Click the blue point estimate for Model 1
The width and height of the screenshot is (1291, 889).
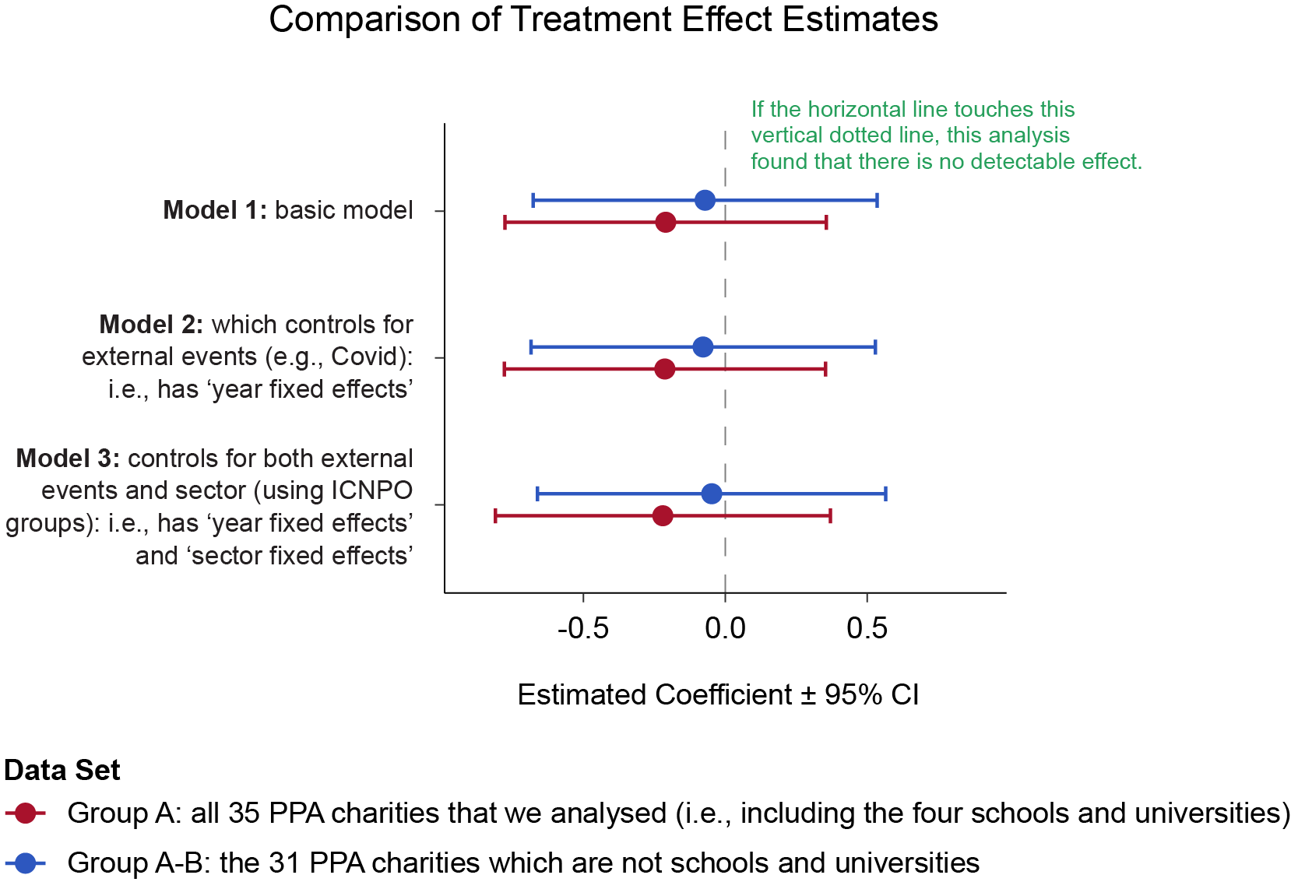[705, 200]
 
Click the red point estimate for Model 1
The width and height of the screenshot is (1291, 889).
[665, 223]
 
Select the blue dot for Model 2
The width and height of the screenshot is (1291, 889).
[703, 346]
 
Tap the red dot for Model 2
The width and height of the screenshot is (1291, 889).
[664, 369]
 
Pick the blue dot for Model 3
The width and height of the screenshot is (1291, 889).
[712, 494]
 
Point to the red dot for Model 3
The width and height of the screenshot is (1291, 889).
[663, 515]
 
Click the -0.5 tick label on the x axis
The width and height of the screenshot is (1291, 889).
[583, 628]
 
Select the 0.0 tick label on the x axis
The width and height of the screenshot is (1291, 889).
[725, 628]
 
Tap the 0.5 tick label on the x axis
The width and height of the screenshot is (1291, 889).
[867, 628]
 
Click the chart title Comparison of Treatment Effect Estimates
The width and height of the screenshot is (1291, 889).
[603, 19]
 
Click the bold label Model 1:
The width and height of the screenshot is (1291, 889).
[215, 210]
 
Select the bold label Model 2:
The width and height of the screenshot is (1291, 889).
[151, 324]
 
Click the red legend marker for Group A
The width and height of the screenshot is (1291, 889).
[26, 813]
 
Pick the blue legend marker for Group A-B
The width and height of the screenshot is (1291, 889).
[26, 863]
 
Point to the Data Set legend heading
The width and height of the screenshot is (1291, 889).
[62, 771]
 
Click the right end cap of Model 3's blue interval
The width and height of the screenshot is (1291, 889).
[886, 494]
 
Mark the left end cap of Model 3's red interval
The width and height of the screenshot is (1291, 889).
[495, 515]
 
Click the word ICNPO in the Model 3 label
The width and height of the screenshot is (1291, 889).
[371, 490]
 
